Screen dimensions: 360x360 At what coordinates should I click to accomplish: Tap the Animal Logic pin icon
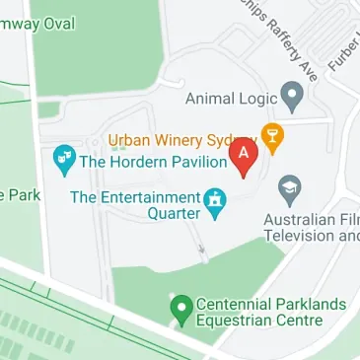291,97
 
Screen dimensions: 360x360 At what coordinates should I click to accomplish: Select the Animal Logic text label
233,98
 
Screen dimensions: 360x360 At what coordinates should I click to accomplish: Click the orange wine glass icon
270,136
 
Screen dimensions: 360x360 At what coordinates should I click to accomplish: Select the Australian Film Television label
312,227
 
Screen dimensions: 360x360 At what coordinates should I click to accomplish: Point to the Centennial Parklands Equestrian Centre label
260,312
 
